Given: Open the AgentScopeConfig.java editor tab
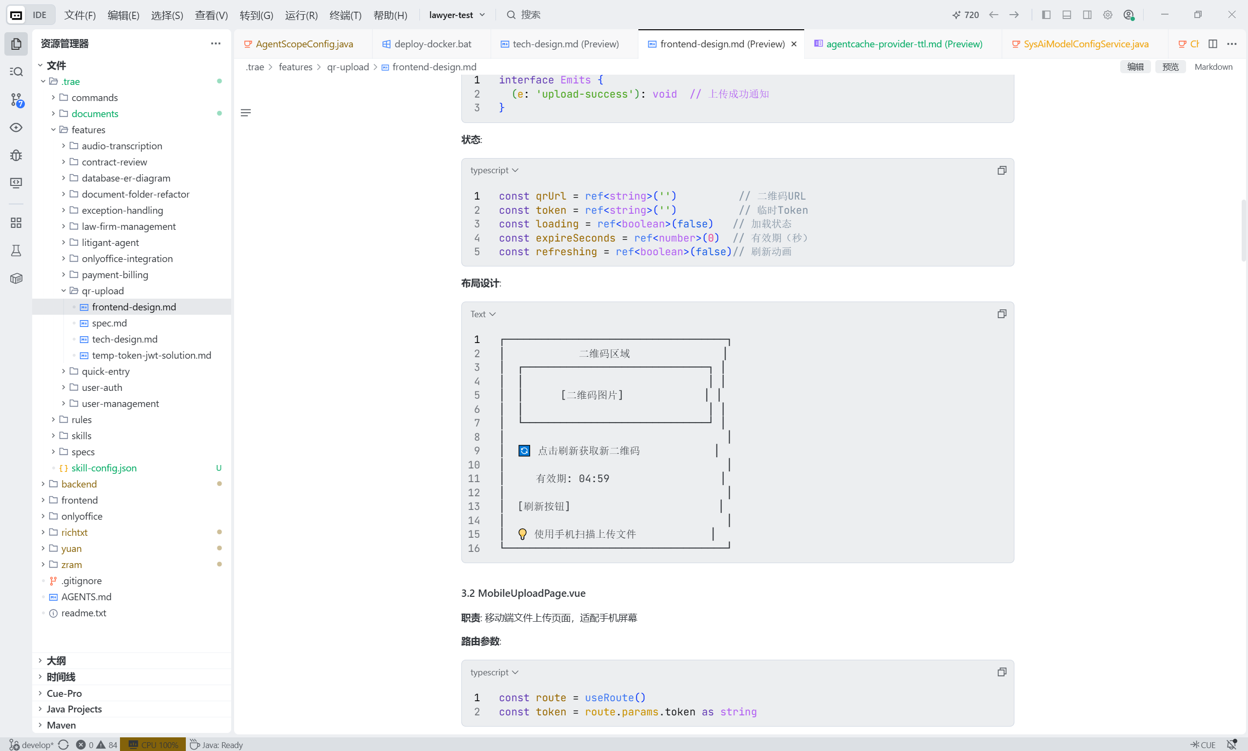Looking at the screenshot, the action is coord(304,44).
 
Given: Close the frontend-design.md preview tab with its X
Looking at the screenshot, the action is coord(794,44).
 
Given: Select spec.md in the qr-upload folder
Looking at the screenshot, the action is coord(109,323).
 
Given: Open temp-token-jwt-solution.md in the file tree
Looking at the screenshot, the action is coord(151,355).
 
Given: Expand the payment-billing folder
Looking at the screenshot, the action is coord(115,275).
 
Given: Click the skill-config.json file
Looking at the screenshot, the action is coord(104,468).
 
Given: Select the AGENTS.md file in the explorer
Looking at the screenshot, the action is coord(86,597).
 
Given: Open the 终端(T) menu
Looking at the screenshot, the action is coord(345,15).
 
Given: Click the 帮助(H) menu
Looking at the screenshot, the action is coord(390,15).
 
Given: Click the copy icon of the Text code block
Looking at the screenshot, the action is coord(1001,314).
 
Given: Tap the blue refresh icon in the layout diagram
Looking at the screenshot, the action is coord(524,450).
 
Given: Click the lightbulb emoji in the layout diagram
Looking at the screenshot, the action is coord(522,534).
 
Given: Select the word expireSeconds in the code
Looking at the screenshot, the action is coord(575,238).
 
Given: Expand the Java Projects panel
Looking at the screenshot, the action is coord(74,709).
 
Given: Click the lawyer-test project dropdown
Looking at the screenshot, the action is coord(456,15).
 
